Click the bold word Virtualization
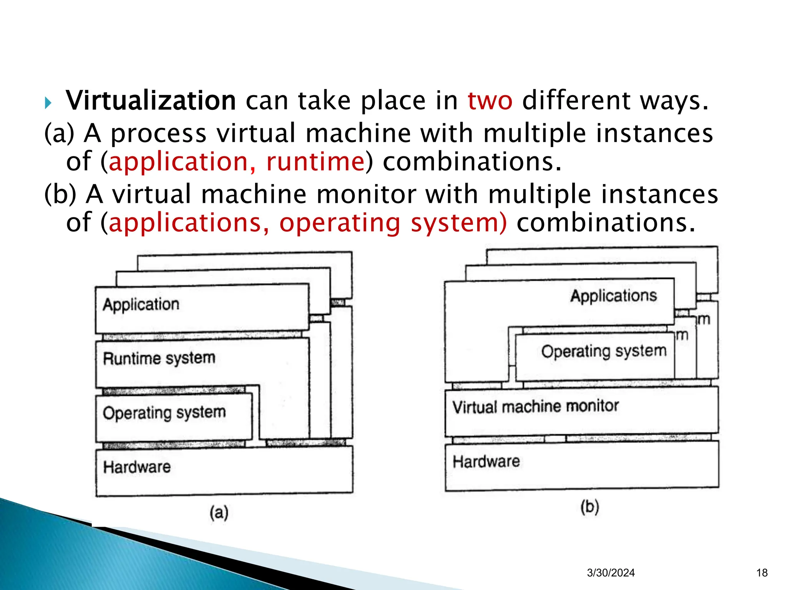pos(151,101)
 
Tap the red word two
pos(490,101)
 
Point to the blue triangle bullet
pos(48,103)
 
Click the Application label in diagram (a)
pos(141,305)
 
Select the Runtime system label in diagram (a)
pos(159,358)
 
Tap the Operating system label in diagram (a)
pos(164,413)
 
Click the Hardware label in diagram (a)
pos(137,467)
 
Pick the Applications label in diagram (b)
pos(614,296)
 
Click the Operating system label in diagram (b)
pos(604,351)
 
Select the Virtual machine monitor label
pos(536,406)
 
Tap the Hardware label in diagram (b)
pos(486,461)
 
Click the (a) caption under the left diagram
pos(219,512)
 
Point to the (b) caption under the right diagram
pos(590,507)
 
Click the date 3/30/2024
pos(611,573)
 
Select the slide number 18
pos(762,573)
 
